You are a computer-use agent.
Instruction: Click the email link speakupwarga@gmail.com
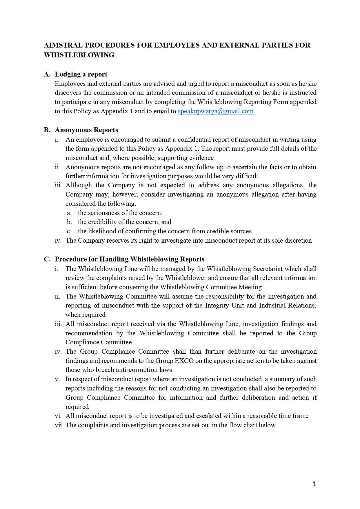coord(216,111)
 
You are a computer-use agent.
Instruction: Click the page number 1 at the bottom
coord(314,484)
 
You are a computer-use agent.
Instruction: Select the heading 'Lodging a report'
coord(81,74)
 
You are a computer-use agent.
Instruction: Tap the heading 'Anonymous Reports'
coord(86,130)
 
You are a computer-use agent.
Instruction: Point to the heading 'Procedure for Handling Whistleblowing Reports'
coord(130,259)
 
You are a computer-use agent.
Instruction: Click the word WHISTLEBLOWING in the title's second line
coord(79,55)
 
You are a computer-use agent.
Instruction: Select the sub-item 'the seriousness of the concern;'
coord(120,213)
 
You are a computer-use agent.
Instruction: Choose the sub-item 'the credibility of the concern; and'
coord(124,222)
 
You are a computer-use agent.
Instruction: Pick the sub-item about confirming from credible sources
coord(165,231)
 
